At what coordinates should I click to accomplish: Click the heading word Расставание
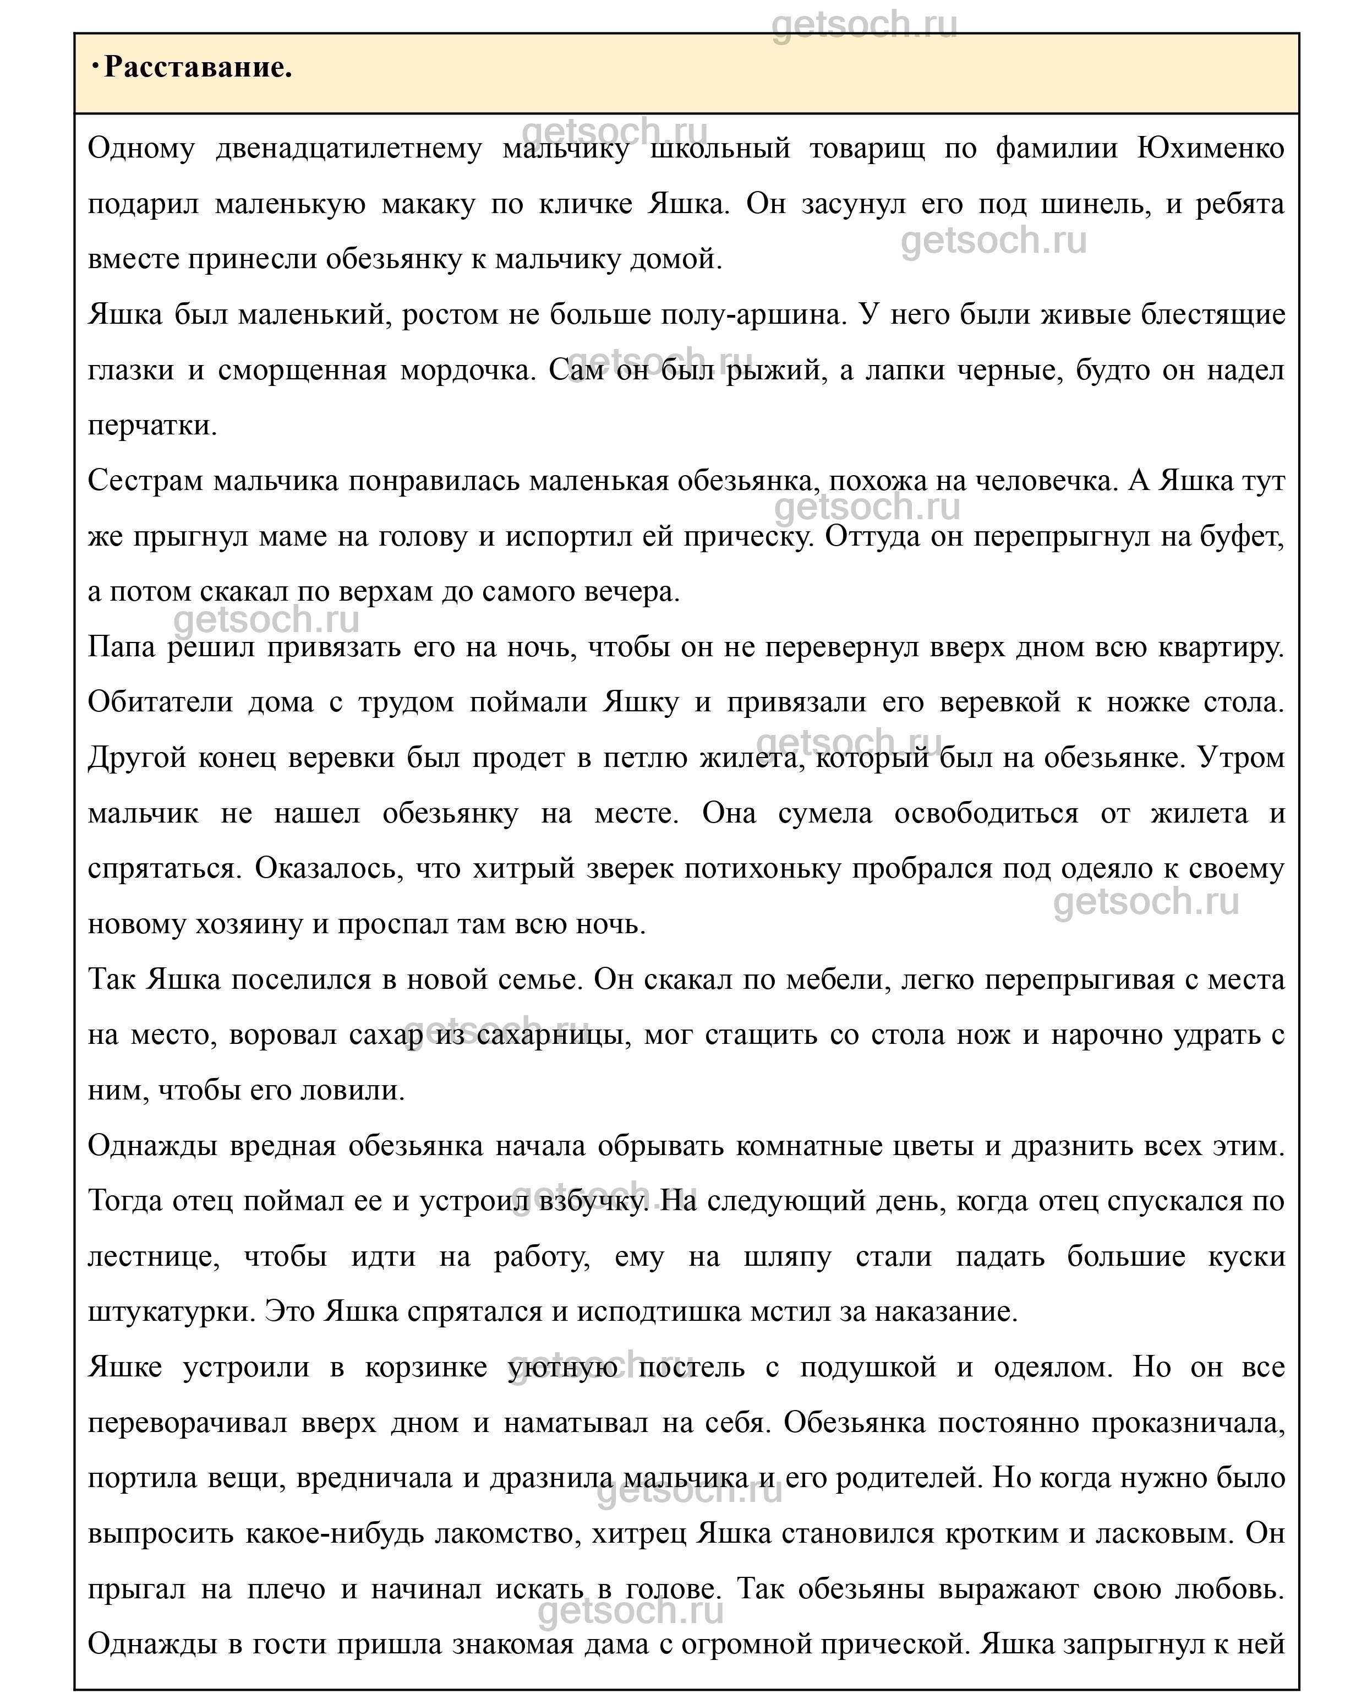[x=198, y=68]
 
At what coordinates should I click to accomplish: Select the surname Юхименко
[x=1211, y=149]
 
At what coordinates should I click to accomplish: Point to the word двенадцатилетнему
[x=348, y=149]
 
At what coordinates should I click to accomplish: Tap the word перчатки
[x=152, y=426]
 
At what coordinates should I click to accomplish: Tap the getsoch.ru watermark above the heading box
[x=863, y=25]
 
